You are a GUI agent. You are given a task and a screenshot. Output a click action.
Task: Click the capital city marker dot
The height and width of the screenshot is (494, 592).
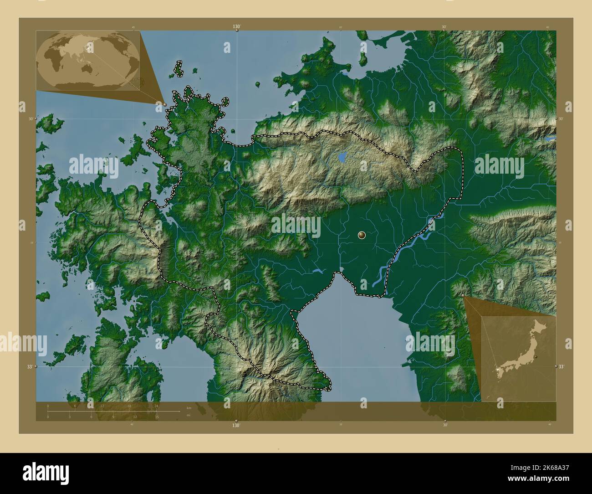tap(362, 235)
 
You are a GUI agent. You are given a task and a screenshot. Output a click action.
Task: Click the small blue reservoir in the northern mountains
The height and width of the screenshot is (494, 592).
tap(342, 158)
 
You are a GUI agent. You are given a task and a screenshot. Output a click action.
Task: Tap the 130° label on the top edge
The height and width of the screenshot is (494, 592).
tap(236, 27)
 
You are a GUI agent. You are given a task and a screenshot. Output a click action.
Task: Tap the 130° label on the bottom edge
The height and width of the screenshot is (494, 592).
tap(236, 426)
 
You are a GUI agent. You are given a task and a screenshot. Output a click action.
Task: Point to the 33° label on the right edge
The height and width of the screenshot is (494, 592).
tap(561, 366)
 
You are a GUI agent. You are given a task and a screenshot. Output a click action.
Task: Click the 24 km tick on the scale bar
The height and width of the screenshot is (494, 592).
tap(157, 406)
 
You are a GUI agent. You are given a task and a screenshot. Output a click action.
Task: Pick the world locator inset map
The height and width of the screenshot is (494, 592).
tap(88, 60)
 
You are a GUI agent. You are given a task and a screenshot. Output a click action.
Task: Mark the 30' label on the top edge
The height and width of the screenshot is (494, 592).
tap(444, 27)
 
